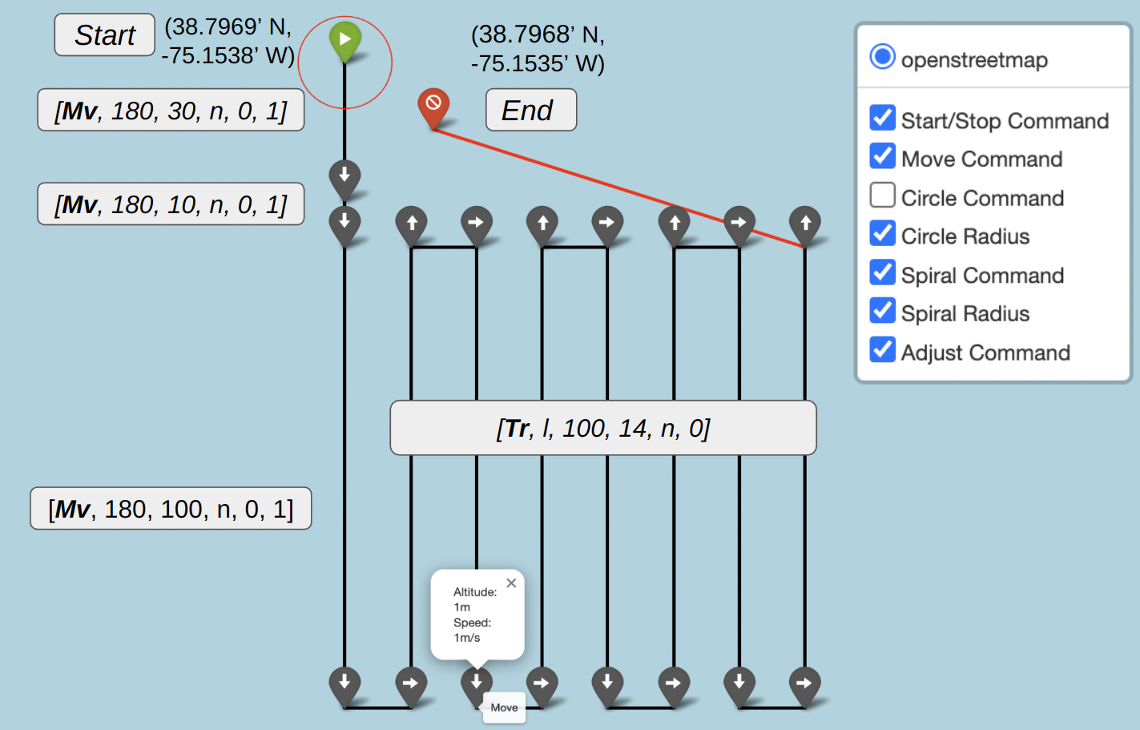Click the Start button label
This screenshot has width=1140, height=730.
[104, 35]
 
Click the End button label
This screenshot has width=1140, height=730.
[530, 110]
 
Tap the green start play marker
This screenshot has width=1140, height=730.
[345, 38]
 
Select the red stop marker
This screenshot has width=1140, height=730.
[433, 103]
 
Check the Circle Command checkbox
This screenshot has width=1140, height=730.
[882, 196]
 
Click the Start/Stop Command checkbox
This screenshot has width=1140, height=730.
[882, 118]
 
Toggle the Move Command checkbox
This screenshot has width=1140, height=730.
[882, 156]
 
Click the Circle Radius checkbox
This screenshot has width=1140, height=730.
[882, 234]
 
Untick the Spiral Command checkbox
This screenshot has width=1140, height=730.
[882, 273]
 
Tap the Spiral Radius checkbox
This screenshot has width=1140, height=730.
[882, 311]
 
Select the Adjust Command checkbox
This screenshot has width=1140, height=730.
[882, 350]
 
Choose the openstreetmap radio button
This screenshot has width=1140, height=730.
[882, 57]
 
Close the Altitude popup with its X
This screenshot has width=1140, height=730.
[511, 583]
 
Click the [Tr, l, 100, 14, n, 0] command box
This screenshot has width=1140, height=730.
[602, 429]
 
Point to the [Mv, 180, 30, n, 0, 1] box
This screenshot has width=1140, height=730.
[171, 111]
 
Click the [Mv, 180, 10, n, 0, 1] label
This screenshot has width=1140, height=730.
[171, 204]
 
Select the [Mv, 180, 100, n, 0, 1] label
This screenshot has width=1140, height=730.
[171, 509]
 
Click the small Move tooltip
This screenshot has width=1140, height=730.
[504, 708]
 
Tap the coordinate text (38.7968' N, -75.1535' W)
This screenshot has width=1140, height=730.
[538, 49]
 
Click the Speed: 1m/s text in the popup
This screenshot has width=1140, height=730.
[472, 630]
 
